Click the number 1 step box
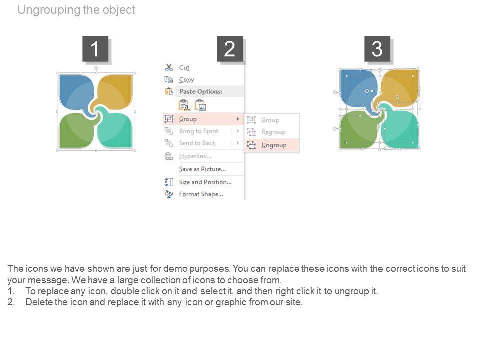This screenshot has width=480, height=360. point(95,49)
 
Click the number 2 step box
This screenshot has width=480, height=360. point(230,49)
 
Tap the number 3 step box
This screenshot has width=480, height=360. point(377,49)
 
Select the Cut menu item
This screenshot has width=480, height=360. point(184,67)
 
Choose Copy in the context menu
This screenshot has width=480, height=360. point(186,80)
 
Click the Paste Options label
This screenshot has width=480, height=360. point(201,91)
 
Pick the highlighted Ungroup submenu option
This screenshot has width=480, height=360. point(274,145)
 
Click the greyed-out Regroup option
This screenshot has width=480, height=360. point(273,132)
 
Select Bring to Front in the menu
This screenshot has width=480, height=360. point(199,131)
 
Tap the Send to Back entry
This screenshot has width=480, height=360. point(197,143)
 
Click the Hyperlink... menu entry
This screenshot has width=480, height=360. point(195,156)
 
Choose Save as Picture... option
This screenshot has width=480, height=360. point(202,169)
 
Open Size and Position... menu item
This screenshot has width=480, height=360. point(205,182)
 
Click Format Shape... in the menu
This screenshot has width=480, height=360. point(201,194)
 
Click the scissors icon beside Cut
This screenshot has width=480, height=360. point(169,67)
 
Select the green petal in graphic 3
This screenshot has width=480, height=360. point(359,130)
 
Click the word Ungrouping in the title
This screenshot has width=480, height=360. point(49,10)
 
